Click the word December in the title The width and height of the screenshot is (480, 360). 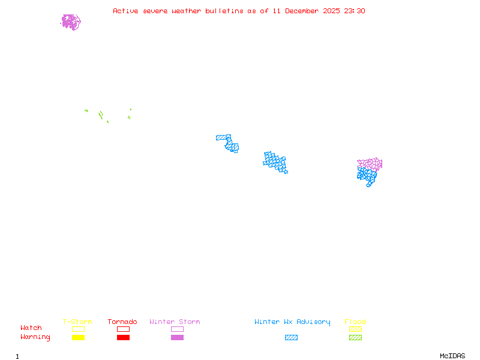click(x=302, y=11)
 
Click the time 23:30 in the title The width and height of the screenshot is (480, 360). click(x=355, y=11)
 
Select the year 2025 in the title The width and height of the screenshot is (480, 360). click(x=331, y=11)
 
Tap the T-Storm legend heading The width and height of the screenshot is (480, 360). click(x=77, y=322)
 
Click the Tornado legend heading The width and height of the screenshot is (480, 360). click(x=122, y=322)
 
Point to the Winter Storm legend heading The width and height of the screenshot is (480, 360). click(x=175, y=322)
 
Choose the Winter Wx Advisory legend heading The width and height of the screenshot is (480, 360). click(x=292, y=322)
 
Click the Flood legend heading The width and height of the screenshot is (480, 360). click(x=355, y=322)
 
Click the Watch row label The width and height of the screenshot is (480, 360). click(x=31, y=328)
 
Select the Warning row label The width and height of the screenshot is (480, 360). click(x=35, y=337)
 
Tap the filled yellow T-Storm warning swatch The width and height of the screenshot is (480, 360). click(x=79, y=338)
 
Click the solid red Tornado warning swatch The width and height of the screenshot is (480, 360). click(x=124, y=338)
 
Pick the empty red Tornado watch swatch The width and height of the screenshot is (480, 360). click(x=124, y=329)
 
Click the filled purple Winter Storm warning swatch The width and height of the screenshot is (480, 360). click(x=177, y=338)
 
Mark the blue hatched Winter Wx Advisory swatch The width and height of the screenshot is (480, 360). click(x=291, y=338)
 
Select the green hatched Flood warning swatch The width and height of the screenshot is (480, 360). click(x=355, y=338)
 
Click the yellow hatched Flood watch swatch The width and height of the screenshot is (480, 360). click(x=355, y=329)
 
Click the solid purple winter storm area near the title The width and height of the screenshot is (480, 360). click(x=71, y=22)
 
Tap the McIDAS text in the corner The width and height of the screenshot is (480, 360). click(x=452, y=356)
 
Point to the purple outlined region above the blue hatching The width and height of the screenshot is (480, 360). click(x=370, y=164)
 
